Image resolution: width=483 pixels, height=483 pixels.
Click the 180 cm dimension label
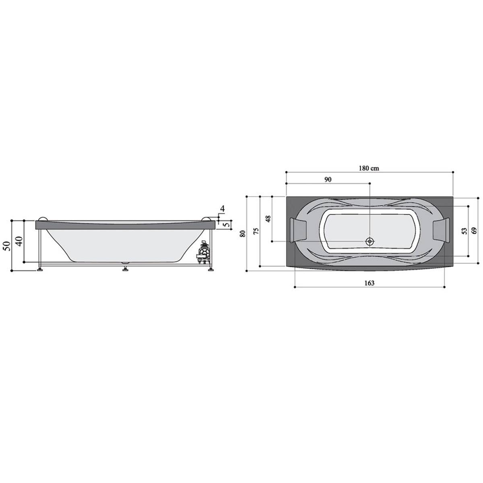click(x=369, y=168)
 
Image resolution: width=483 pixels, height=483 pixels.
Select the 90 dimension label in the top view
click(x=328, y=180)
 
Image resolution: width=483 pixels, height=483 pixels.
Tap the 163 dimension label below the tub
click(x=369, y=283)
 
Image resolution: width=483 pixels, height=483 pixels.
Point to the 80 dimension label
click(x=243, y=233)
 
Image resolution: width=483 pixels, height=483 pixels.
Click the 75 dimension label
click(x=256, y=231)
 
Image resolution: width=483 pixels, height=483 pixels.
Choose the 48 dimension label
click(x=268, y=219)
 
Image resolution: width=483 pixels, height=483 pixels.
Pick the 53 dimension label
click(x=464, y=231)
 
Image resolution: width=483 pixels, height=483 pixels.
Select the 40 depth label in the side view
click(x=20, y=241)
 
